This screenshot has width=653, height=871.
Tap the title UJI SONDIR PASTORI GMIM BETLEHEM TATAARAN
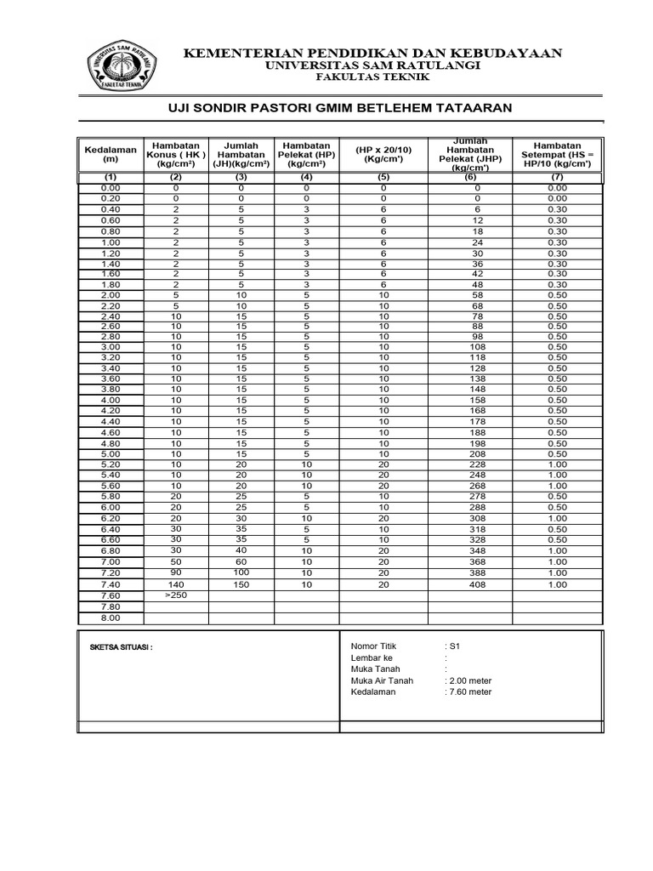337,107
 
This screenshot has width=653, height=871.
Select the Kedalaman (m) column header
111,154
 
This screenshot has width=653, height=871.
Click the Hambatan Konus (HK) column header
176,154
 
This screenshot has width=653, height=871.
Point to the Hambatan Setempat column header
557,154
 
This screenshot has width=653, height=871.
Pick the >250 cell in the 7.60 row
176,595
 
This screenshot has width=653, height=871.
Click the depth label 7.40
111,585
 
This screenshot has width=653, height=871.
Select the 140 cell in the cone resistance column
176,585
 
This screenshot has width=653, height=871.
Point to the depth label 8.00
111,618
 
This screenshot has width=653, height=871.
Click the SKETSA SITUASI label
121,647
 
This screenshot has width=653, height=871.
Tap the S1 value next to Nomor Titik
454,646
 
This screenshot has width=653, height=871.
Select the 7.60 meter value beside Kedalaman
468,692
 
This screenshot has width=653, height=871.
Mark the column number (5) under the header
383,177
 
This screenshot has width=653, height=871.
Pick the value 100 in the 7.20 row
241,574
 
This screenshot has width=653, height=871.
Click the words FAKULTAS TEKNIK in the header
373,77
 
